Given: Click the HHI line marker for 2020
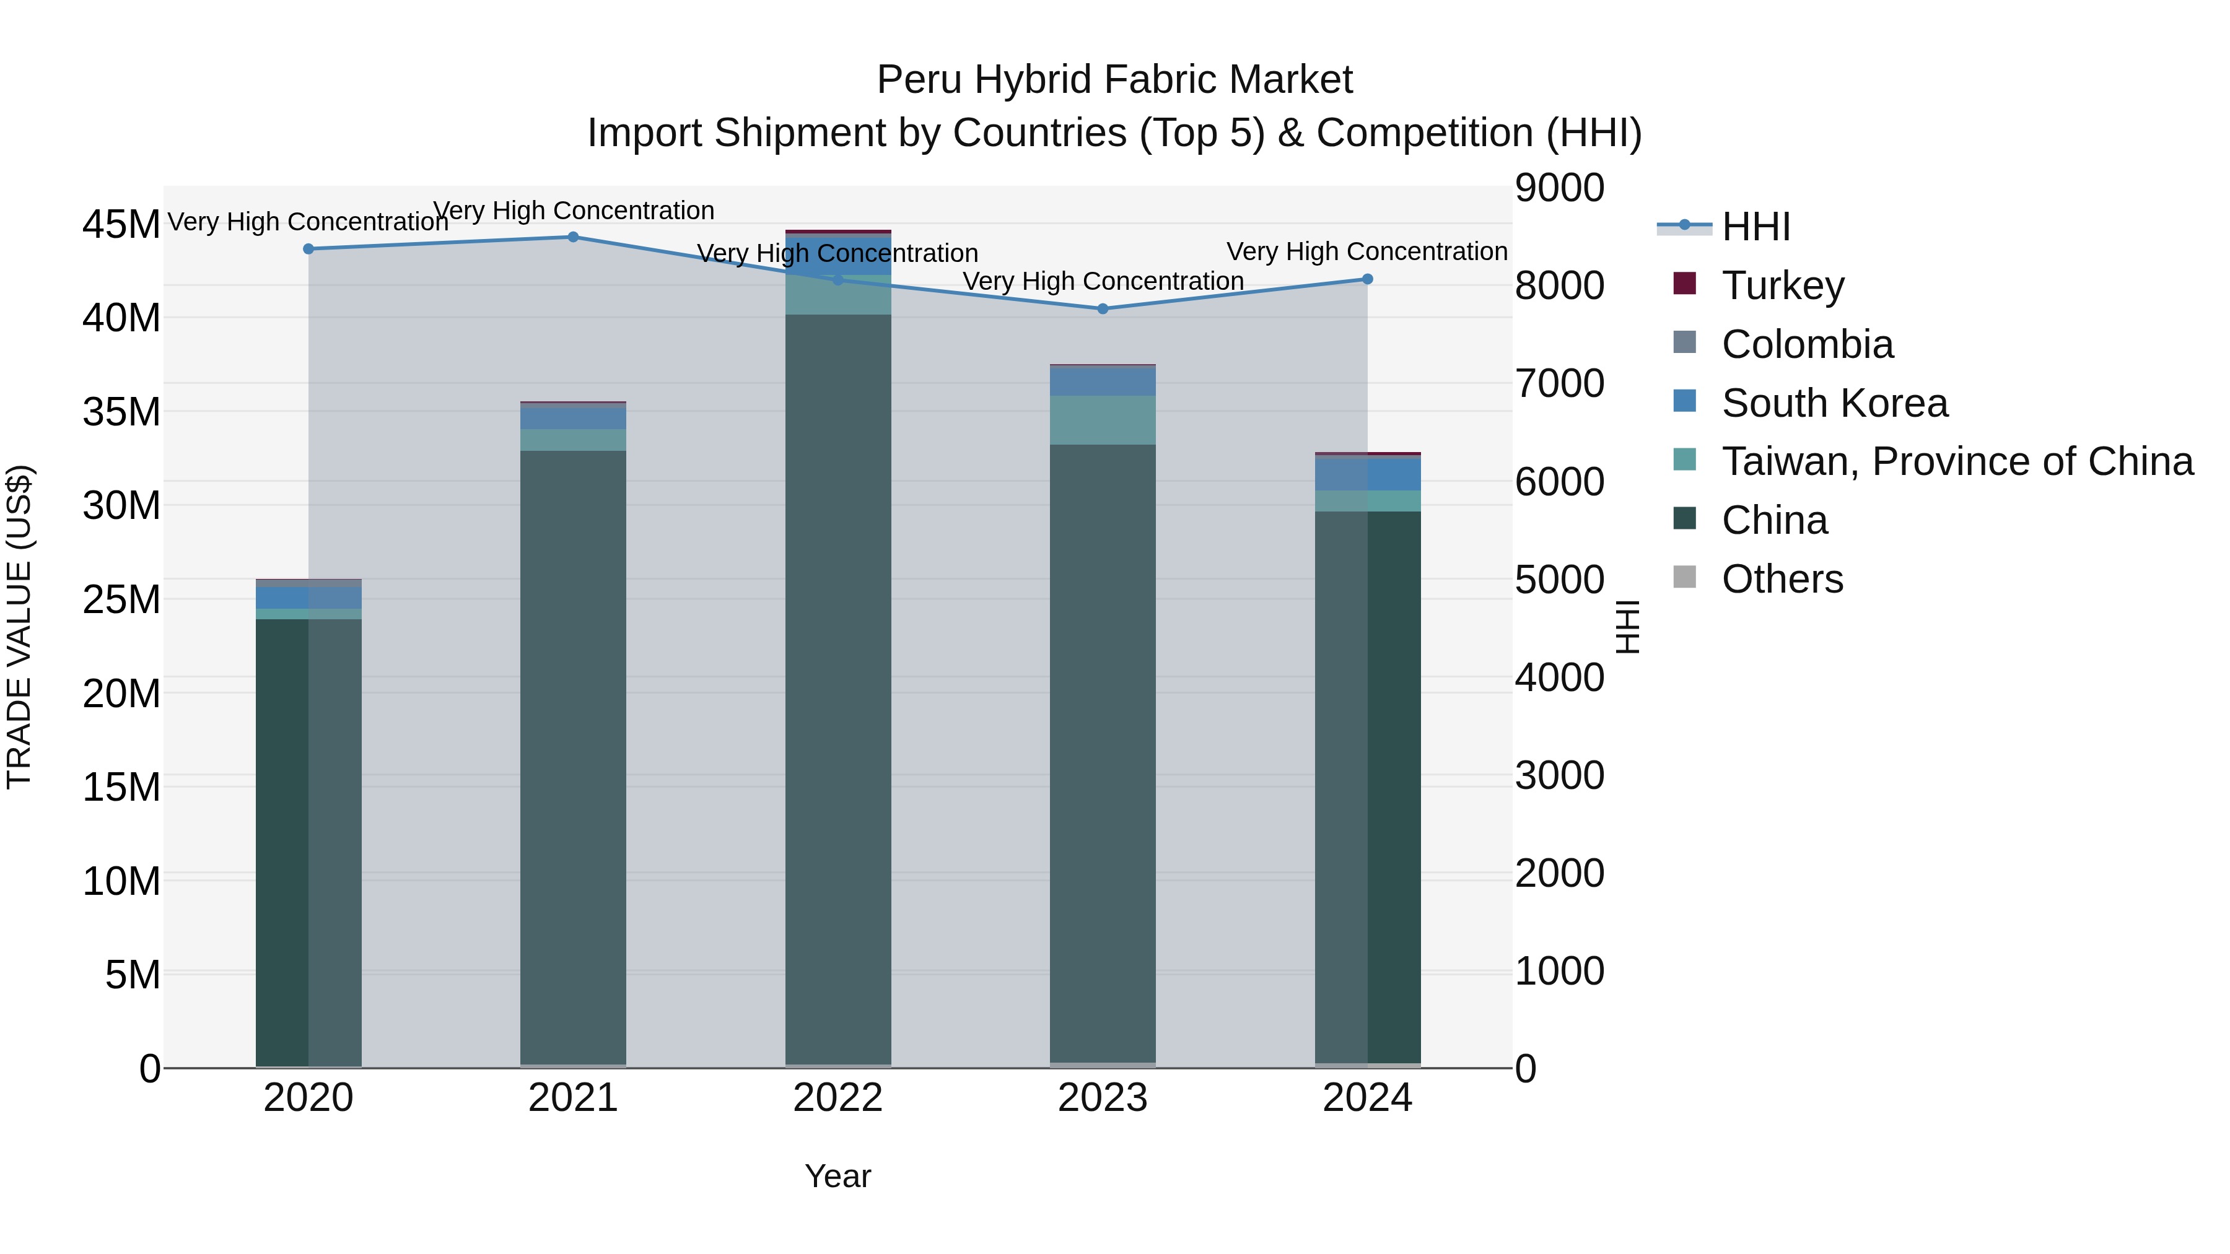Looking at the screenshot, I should coord(308,249).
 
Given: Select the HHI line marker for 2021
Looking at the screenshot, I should coord(573,237).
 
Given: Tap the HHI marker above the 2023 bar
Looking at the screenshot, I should coord(1103,309).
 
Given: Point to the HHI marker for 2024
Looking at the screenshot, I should coord(1368,279).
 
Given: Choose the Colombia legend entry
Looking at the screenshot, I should coord(1807,344).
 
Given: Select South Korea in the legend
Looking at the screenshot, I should coord(1834,403).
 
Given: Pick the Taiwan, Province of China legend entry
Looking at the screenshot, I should coord(1956,461).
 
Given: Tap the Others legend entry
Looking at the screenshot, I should coord(1782,579).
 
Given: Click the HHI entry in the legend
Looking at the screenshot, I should coord(1755,227).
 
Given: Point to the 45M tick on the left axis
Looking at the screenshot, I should coord(121,224).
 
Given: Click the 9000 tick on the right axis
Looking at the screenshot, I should coord(1559,188).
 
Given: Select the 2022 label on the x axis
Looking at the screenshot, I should coord(838,1098).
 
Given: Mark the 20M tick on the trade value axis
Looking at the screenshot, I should coord(121,693).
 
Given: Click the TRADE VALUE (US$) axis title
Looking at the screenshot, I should coord(20,627).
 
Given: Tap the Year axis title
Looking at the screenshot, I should coord(838,1176).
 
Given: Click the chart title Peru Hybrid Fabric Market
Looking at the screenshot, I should coord(1114,80).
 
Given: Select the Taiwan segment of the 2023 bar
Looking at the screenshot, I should coord(1103,420).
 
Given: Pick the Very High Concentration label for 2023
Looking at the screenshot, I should coord(1103,281).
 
